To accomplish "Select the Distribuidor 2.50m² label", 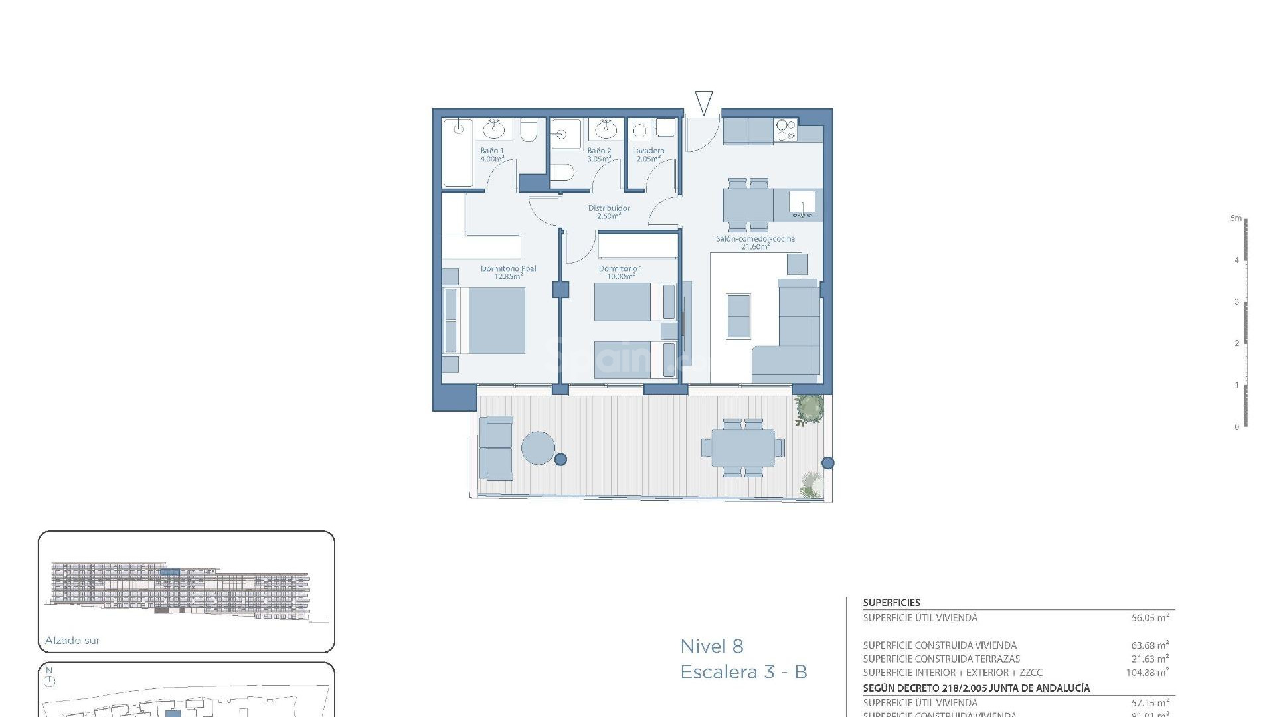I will point(609,212).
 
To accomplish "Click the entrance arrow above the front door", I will point(703,102).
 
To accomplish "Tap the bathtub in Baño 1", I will point(458,154).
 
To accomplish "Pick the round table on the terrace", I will point(538,448).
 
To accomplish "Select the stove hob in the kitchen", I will point(786,129).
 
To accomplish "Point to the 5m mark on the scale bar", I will point(1236,218).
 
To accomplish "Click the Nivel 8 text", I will point(712,646).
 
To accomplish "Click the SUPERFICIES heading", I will point(891,603).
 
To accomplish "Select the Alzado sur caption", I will point(72,641).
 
